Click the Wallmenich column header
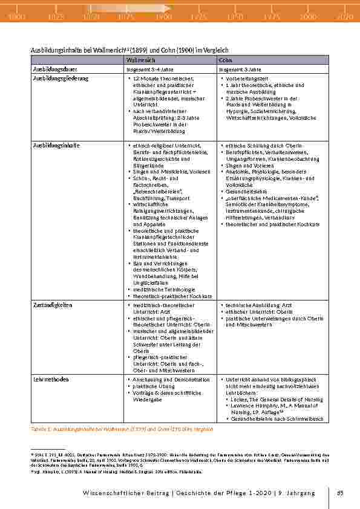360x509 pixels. pyautogui.click(x=141, y=60)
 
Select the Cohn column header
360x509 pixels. pyautogui.click(x=225, y=60)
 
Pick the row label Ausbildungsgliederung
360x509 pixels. pyautogui.click(x=61, y=79)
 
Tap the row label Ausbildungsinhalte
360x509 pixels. pyautogui.click(x=56, y=146)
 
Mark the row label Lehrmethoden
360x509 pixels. pyautogui.click(x=51, y=380)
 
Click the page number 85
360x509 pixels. pyautogui.click(x=340, y=493)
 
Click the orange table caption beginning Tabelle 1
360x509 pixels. pyautogui.click(x=121, y=429)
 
